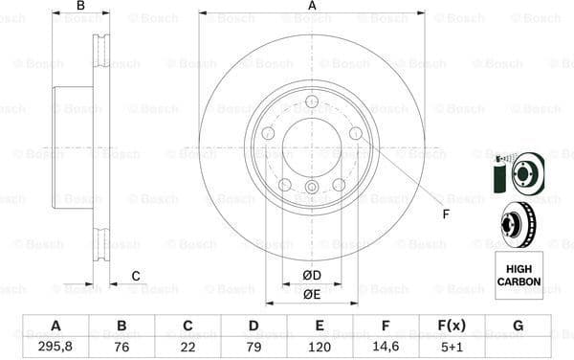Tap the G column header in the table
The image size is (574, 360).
click(x=518, y=326)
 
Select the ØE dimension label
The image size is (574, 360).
click(x=312, y=294)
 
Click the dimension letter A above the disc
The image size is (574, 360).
click(x=312, y=7)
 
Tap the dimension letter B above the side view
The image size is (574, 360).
click(x=80, y=7)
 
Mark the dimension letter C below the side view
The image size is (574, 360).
click(x=136, y=277)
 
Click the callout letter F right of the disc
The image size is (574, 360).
click(x=445, y=214)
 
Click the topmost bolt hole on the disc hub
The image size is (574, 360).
click(x=312, y=101)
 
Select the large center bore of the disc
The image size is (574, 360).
click(x=312, y=147)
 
